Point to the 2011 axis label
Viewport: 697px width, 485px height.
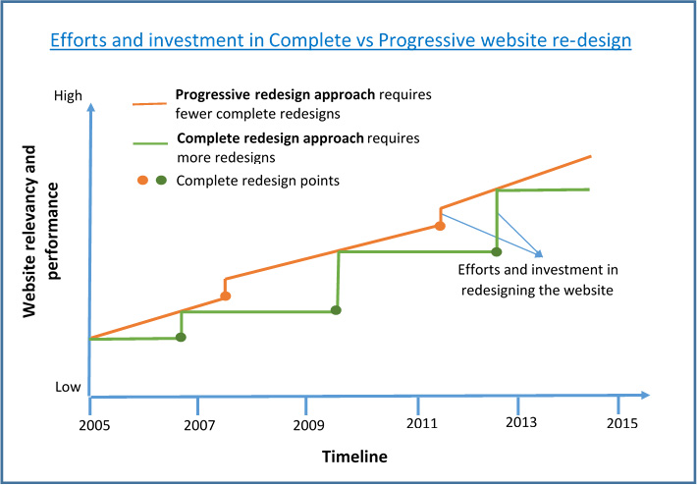pos(420,423)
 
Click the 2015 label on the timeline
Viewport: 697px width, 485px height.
pos(621,423)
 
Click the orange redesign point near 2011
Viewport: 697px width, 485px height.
pos(440,226)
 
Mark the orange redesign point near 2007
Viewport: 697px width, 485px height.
pos(226,296)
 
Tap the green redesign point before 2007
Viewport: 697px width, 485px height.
pos(181,338)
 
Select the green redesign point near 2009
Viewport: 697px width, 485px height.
pos(336,310)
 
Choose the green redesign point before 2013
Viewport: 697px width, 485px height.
pos(497,252)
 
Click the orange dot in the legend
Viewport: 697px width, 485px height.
pos(142,181)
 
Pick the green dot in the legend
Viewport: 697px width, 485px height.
pos(160,181)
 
